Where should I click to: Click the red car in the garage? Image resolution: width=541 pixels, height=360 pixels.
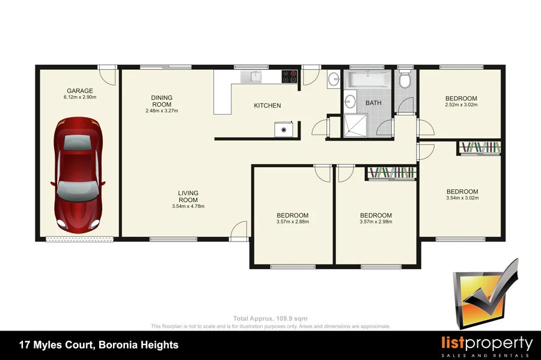tap(78, 174)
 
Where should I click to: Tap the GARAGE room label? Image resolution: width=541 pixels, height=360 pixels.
tap(80, 91)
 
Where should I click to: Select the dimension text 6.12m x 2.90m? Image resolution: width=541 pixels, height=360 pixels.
tap(80, 97)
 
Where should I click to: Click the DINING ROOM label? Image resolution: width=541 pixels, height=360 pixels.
tap(162, 101)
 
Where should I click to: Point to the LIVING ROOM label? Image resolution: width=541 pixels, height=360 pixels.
tap(188, 197)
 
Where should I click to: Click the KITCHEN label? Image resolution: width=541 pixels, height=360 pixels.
tap(267, 106)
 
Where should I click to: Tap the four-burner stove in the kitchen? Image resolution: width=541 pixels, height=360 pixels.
tap(290, 77)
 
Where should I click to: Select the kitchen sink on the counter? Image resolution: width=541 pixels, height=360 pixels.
tap(255, 76)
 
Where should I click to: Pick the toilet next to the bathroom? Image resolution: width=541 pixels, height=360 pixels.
tap(405, 79)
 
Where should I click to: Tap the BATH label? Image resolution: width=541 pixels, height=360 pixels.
tap(373, 103)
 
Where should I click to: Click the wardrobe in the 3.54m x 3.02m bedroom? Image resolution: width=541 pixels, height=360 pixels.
tap(479, 148)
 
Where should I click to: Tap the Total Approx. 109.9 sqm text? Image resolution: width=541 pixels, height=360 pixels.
tap(270, 319)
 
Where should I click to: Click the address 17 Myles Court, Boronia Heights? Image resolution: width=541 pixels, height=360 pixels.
tap(99, 345)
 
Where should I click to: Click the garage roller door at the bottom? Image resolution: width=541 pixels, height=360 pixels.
tap(80, 240)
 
